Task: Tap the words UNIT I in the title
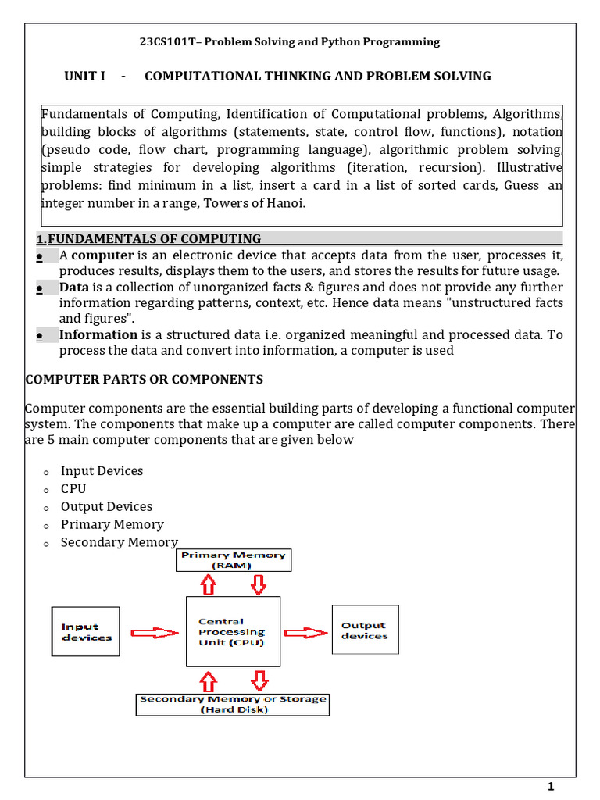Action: tap(84, 76)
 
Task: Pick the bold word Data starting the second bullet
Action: tap(74, 287)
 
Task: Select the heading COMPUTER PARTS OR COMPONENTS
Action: tap(145, 380)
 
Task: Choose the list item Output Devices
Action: tap(106, 507)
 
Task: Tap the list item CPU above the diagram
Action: tap(73, 489)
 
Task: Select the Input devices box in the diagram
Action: tap(86, 631)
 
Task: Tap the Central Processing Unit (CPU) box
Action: tap(233, 631)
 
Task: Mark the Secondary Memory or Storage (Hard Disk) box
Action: tap(233, 704)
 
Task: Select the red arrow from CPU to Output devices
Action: tap(305, 632)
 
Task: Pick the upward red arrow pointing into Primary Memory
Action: tap(208, 584)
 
